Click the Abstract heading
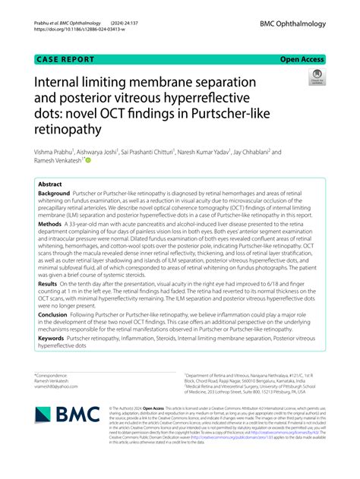coord(49,183)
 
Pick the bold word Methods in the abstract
coord(50,225)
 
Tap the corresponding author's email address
coord(58,386)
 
